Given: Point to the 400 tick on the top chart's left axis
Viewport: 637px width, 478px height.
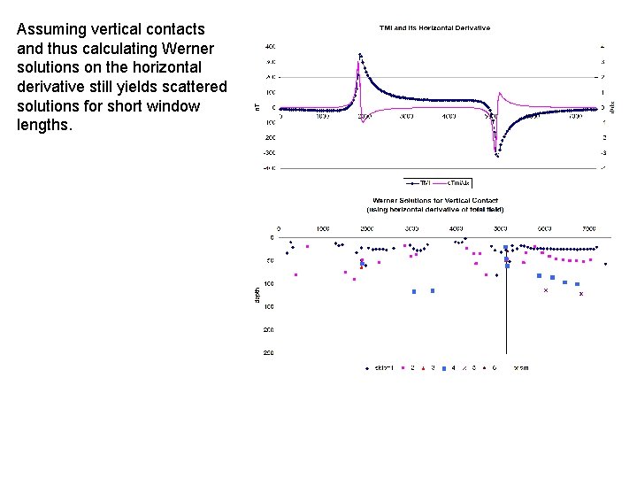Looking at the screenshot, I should click(x=267, y=45).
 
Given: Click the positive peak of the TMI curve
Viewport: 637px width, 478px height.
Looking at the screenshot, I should click(x=360, y=55).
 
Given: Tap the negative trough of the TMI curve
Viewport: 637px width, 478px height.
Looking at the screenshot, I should click(x=497, y=155).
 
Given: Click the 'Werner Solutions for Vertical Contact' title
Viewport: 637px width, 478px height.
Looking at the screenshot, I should click(x=434, y=201).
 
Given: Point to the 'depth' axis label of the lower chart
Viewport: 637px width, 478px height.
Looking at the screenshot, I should click(x=257, y=295).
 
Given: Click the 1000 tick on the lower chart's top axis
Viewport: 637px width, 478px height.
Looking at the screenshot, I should click(x=323, y=227).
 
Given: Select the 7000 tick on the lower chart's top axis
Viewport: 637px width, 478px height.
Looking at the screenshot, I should click(x=588, y=227).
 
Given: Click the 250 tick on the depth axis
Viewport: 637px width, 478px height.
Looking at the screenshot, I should click(x=268, y=352).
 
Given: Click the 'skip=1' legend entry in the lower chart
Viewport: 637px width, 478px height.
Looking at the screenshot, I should click(x=383, y=367).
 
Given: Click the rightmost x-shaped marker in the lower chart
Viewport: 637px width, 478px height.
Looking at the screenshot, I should click(x=581, y=294).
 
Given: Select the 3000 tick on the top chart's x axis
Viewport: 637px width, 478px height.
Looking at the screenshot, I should click(x=405, y=116).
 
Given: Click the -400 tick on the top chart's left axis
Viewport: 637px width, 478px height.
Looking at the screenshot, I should click(x=267, y=167).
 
